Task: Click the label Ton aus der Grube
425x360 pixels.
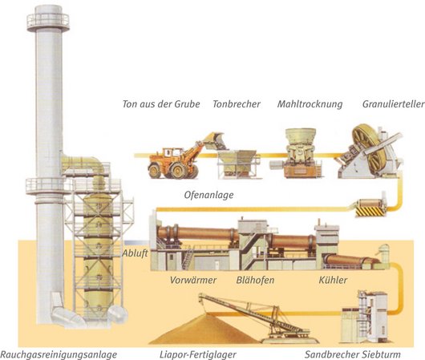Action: point(161,103)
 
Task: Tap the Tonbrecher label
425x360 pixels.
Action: point(237,103)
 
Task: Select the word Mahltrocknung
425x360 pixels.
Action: point(310,104)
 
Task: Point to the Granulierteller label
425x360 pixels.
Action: point(393,103)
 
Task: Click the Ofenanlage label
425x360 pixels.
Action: point(208,195)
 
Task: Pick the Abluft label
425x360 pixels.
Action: point(135,253)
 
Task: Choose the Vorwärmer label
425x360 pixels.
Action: point(193,280)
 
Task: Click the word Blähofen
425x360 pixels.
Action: point(255,280)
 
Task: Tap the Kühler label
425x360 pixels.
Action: point(333,280)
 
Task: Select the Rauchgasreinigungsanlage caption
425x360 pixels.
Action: point(59,354)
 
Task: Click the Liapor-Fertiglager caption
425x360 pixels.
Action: point(198,354)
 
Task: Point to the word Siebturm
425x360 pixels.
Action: point(382,354)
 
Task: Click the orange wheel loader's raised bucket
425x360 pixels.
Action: point(215,141)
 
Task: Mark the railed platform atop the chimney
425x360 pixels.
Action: point(48,21)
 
